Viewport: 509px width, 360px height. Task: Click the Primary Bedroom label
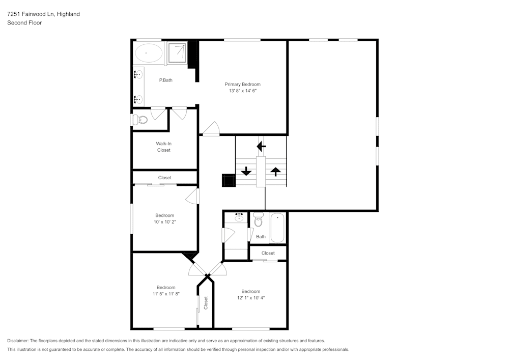pyautogui.click(x=243, y=84)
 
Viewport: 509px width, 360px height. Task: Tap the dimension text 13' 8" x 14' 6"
pyautogui.click(x=243, y=91)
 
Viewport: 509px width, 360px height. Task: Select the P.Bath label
pyautogui.click(x=165, y=80)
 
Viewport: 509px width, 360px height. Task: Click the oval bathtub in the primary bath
pyautogui.click(x=148, y=52)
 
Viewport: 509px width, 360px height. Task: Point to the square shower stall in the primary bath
pyautogui.click(x=177, y=52)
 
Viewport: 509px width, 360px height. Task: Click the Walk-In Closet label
pyautogui.click(x=164, y=147)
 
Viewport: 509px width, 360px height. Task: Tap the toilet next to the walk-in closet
pyautogui.click(x=139, y=120)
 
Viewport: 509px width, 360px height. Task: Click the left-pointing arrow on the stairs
pyautogui.click(x=261, y=147)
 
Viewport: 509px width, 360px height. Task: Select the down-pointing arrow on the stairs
pyautogui.click(x=246, y=172)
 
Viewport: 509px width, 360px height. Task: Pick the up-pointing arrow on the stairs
pyautogui.click(x=275, y=172)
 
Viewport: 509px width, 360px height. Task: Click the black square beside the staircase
pyautogui.click(x=229, y=181)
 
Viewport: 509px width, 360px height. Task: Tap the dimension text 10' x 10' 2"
pyautogui.click(x=165, y=222)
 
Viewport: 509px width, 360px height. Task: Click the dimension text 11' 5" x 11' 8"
pyautogui.click(x=166, y=294)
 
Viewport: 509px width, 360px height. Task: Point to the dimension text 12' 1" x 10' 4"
pyautogui.click(x=251, y=298)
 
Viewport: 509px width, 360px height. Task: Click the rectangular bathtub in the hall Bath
pyautogui.click(x=278, y=228)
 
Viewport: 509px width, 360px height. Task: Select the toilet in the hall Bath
pyautogui.click(x=258, y=220)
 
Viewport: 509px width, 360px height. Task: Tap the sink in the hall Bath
pyautogui.click(x=239, y=217)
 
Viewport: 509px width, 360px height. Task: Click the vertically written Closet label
pyautogui.click(x=206, y=303)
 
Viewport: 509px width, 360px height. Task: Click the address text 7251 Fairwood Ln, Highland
pyautogui.click(x=43, y=14)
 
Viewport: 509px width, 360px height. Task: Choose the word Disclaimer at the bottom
pyautogui.click(x=18, y=340)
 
